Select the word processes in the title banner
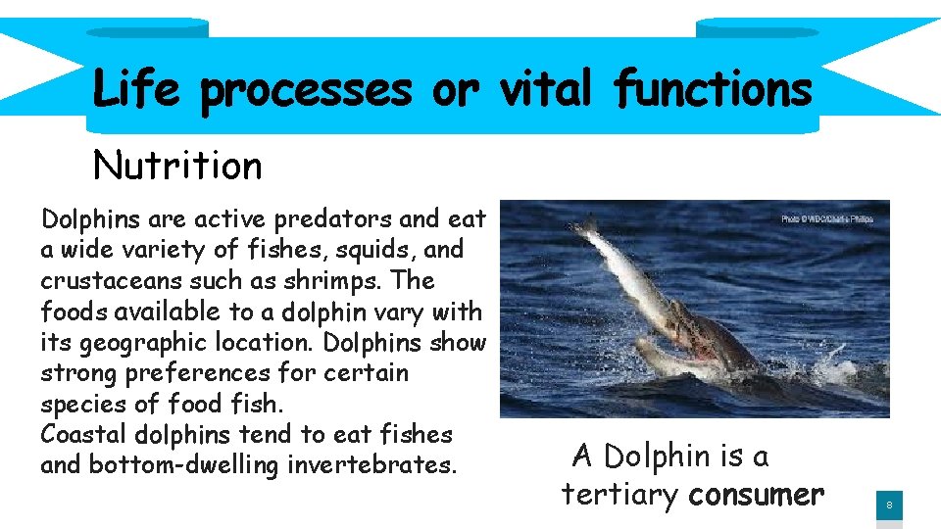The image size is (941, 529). (306, 91)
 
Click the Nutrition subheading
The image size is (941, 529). (177, 166)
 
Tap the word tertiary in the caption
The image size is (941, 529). (619, 495)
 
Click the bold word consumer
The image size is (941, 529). (755, 495)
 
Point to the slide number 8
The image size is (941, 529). (889, 505)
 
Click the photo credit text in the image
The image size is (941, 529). (826, 218)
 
